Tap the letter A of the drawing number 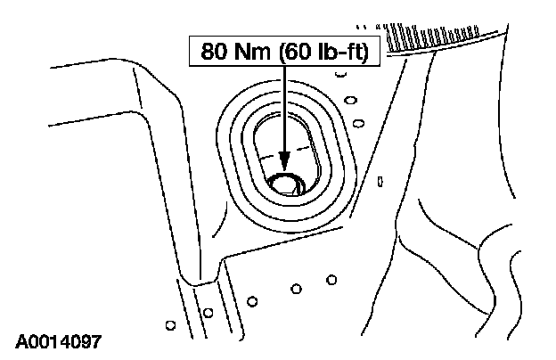pos(20,341)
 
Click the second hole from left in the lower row pos(208,312)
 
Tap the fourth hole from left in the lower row pos(295,289)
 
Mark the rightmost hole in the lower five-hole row pos(331,279)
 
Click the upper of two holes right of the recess pos(350,101)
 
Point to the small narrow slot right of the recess pos(380,182)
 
